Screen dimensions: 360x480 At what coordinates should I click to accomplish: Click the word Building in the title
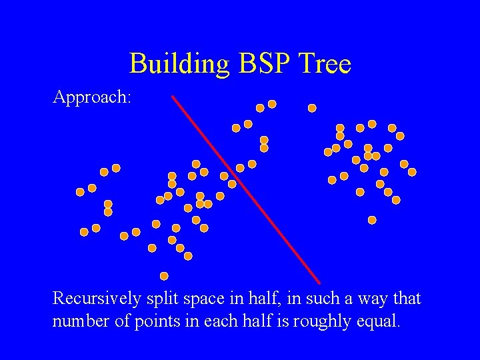pyautogui.click(x=177, y=64)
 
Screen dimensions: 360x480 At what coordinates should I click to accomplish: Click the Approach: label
pyautogui.click(x=92, y=97)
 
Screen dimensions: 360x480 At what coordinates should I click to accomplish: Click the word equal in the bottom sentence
pyautogui.click(x=379, y=321)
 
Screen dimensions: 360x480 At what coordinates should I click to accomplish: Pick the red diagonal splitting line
pyautogui.click(x=246, y=189)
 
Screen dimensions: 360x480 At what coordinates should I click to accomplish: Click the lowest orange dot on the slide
pyautogui.click(x=164, y=276)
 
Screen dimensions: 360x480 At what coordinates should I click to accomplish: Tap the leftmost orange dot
pyautogui.click(x=80, y=192)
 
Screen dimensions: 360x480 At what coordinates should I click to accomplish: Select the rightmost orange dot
pyautogui.click(x=412, y=172)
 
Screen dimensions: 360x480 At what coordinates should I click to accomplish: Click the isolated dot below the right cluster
pyautogui.click(x=372, y=220)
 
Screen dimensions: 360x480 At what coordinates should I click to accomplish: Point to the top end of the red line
pyautogui.click(x=173, y=97)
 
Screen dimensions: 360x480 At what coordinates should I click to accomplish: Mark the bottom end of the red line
pyautogui.click(x=320, y=283)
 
